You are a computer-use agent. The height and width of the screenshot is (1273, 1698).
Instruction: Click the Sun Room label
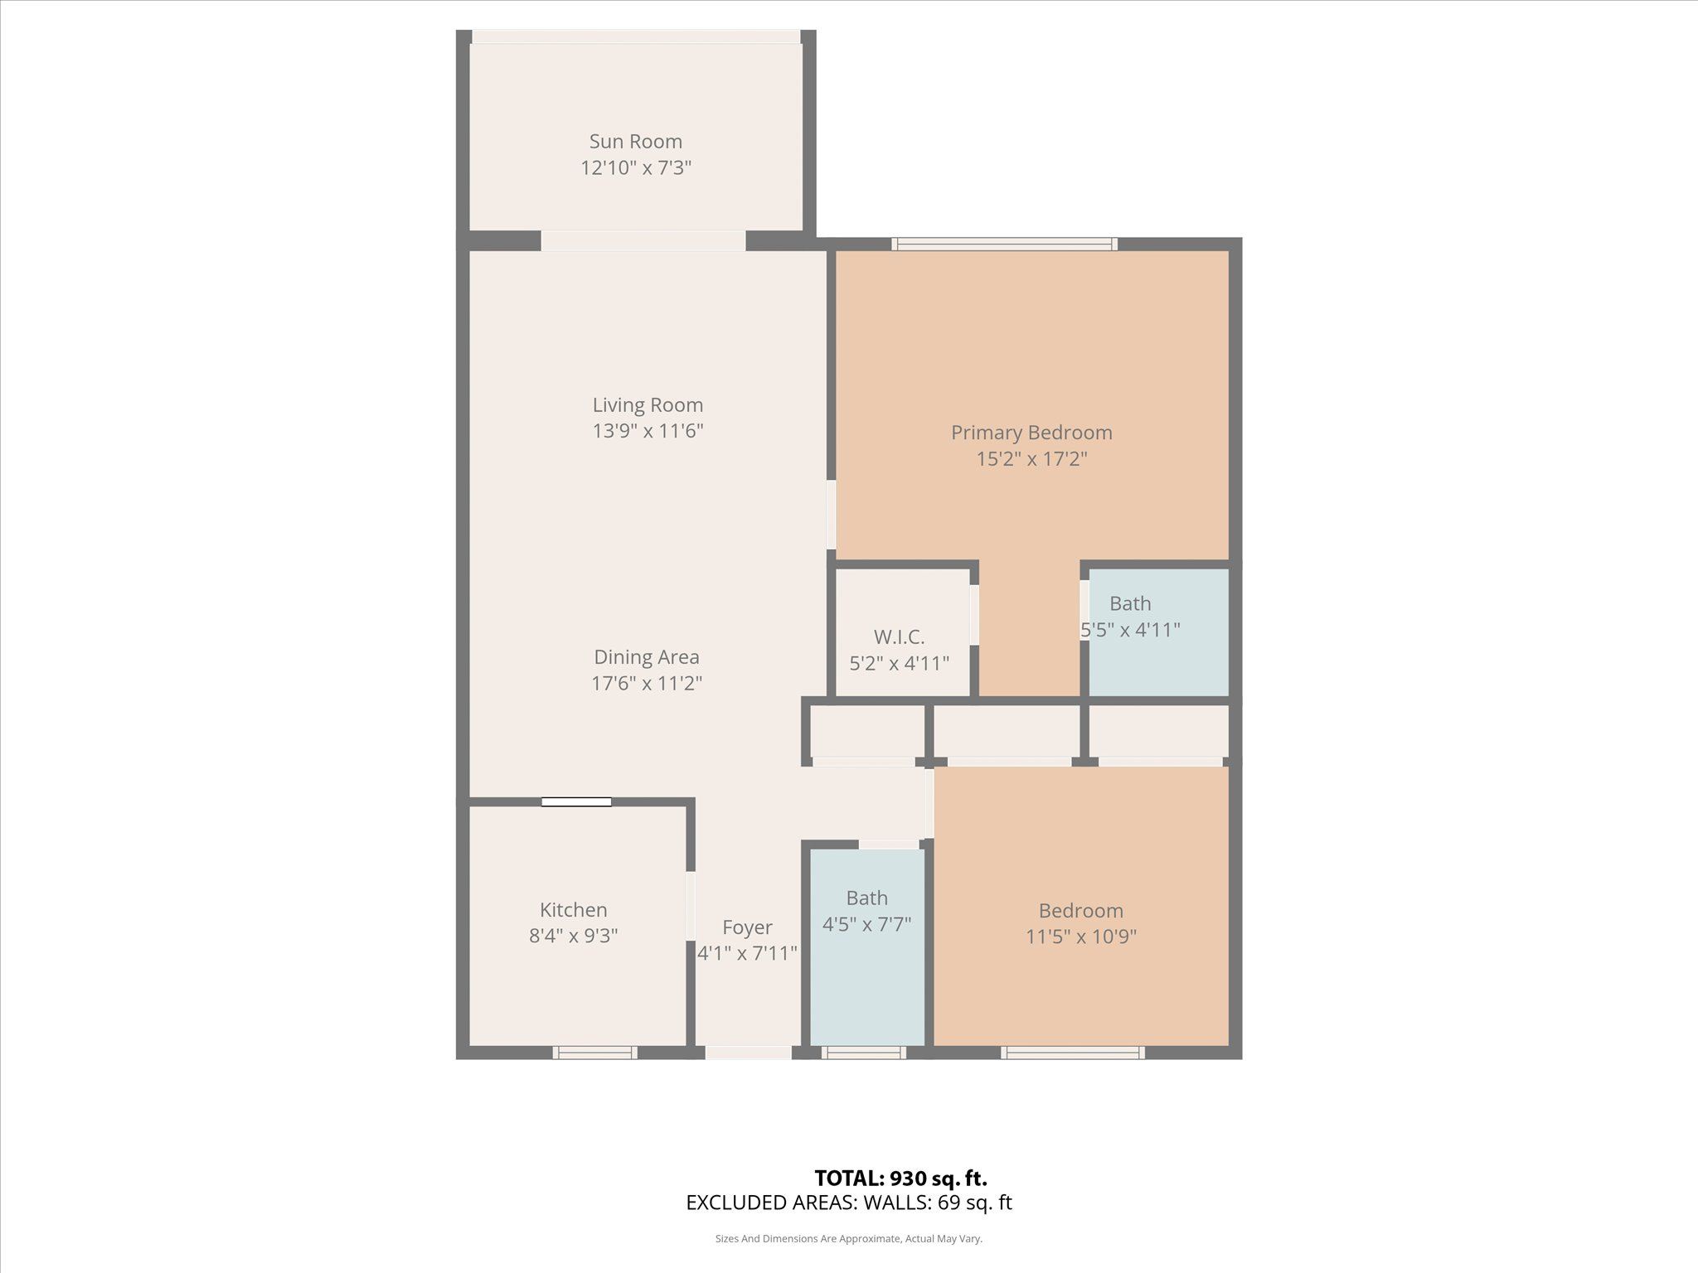636,142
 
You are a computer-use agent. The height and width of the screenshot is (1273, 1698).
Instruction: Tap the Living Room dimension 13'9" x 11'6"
648,431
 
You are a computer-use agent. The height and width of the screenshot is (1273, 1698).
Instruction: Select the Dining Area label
647,657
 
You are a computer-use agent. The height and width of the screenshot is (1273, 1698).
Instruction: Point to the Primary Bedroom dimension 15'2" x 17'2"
1031,458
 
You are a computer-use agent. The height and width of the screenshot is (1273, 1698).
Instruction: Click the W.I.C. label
899,637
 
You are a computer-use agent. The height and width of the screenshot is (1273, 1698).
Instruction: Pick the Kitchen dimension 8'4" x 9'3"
574,936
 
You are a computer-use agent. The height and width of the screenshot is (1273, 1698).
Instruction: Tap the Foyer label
747,927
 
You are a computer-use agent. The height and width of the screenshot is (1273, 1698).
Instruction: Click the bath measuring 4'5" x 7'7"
867,946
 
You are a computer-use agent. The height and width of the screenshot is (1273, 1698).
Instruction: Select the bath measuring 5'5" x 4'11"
1158,632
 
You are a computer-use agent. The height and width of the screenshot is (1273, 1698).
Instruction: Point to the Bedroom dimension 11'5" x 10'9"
1081,937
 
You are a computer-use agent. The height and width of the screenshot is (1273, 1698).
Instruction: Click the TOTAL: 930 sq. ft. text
901,1178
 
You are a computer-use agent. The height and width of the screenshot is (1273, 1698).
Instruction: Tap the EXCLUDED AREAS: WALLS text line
849,1203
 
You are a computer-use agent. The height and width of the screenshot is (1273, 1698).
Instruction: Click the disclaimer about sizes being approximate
849,1239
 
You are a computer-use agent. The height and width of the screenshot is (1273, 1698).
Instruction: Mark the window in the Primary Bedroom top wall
1005,244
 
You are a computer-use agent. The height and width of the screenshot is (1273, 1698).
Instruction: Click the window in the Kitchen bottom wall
595,1053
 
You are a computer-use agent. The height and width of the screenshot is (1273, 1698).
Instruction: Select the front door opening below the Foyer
749,1053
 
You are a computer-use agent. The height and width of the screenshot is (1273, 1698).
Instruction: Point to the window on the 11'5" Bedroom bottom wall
1073,1053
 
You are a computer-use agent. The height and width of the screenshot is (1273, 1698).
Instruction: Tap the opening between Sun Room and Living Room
643,240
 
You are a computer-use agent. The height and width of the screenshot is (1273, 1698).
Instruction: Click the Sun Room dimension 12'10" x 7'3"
636,168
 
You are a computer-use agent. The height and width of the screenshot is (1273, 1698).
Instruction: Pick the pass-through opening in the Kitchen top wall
576,801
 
